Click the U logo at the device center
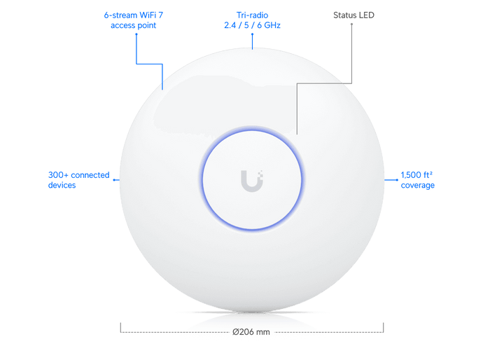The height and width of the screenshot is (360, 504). coord(252,181)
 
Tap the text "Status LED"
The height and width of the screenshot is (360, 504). coord(353,15)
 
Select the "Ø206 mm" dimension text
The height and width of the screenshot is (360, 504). coord(251,332)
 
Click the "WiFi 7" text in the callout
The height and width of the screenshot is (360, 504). coord(151,15)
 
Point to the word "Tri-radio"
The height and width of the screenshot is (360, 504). coord(252,15)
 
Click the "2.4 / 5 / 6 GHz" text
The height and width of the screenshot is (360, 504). coord(252,25)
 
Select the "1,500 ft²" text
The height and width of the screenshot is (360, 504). coord(416,174)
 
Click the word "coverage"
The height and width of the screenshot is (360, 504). coord(417,186)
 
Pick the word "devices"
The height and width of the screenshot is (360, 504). coord(62,185)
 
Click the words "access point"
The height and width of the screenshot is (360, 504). coord(134,25)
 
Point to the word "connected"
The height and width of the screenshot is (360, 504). coord(90,175)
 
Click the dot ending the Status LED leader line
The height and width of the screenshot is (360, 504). coord(351,24)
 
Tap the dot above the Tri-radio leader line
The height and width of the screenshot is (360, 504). coord(252,34)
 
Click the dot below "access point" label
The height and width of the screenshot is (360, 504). coord(136,34)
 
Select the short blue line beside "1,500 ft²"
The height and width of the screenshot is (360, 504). coord(391,180)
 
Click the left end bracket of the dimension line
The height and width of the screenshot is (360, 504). coord(120,328)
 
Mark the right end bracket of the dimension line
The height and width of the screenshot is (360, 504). coord(384,328)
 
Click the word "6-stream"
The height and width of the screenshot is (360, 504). coord(120,15)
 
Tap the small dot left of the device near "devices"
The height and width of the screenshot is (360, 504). coord(114,180)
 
